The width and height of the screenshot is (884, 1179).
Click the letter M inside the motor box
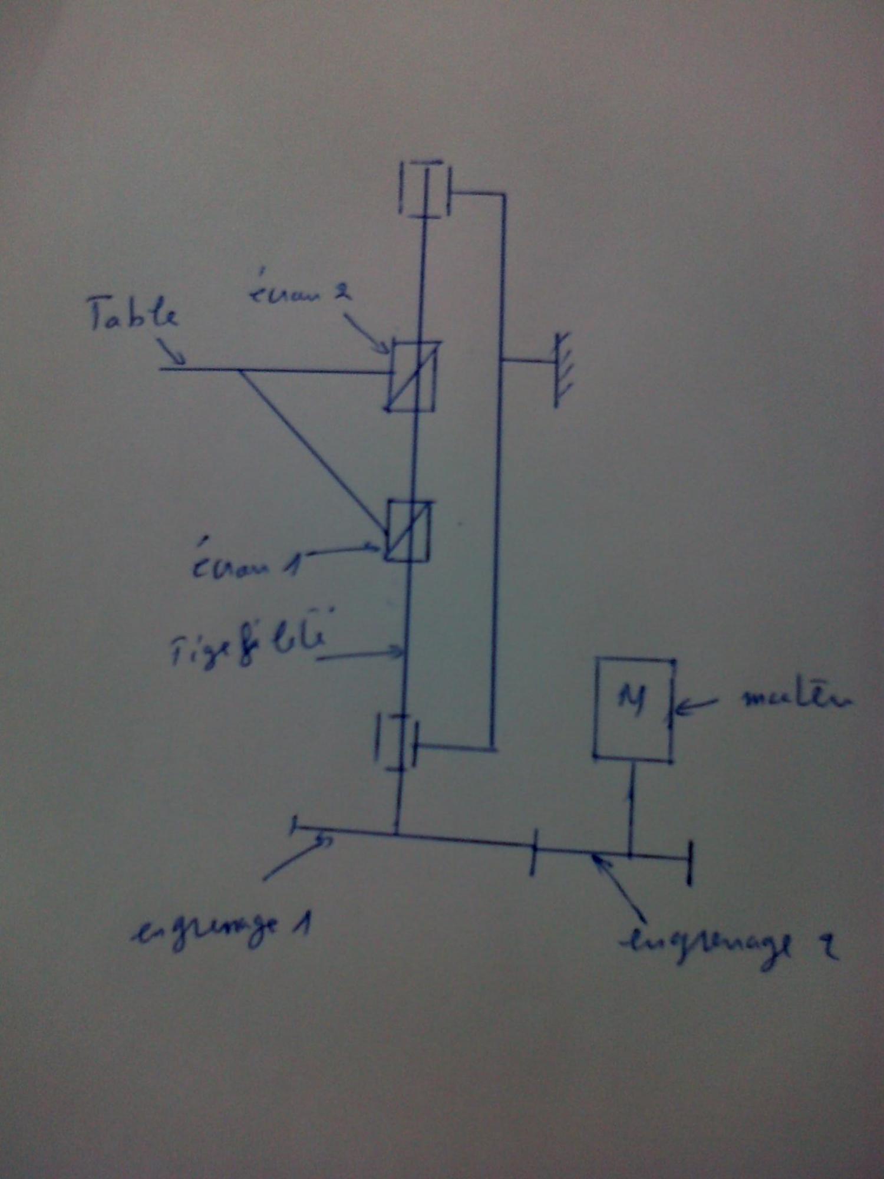coord(632,699)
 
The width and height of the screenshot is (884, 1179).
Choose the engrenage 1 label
coord(221,929)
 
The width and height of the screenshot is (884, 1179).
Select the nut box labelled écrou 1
coord(408,531)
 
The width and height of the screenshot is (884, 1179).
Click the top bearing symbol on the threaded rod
coord(424,189)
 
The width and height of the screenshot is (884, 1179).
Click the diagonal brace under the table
coord(312,451)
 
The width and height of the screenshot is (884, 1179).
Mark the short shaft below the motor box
coord(632,808)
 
